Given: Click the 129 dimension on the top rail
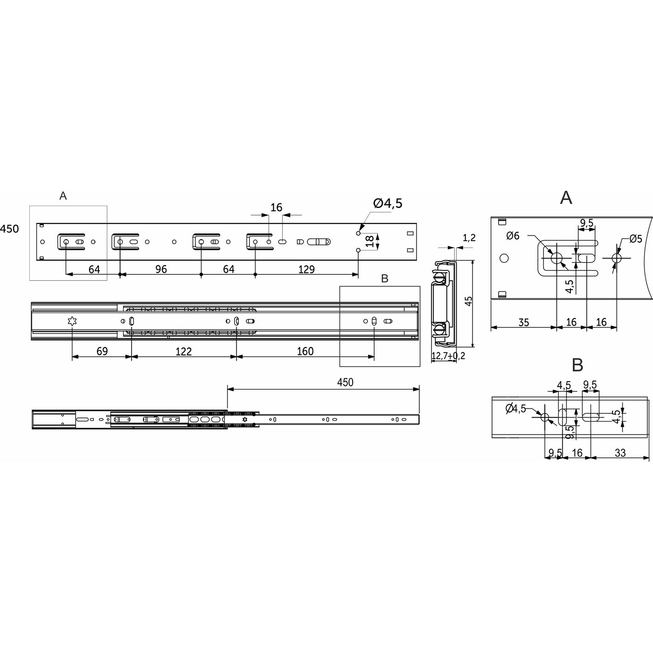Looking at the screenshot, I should coord(306,269).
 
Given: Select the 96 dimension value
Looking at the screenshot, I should coord(160,269).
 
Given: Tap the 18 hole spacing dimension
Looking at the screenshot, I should coord(370,241).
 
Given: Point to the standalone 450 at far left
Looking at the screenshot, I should coord(9,229).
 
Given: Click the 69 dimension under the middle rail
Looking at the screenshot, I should coord(102,351).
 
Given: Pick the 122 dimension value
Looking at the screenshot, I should coord(183,351).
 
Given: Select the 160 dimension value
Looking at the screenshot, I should coord(305,351).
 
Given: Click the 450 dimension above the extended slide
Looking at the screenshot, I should coord(345,382).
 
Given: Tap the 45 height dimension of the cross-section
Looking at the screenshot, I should coord(469,301).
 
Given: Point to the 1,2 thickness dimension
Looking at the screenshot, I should coord(469,237).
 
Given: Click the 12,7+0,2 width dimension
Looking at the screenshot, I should coord(448,356).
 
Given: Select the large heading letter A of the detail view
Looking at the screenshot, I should coord(566,198).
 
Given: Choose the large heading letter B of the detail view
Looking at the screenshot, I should coord(577,365).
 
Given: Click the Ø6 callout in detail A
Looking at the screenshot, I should coord(513,236).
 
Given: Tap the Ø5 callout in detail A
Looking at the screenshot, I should coord(635,239).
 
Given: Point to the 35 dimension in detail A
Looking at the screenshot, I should coord(523,322).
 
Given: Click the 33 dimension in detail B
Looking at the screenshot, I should coord(620,452).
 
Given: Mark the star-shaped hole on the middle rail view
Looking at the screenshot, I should coord(72,321).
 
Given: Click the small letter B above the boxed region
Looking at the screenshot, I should coord(384,278).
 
